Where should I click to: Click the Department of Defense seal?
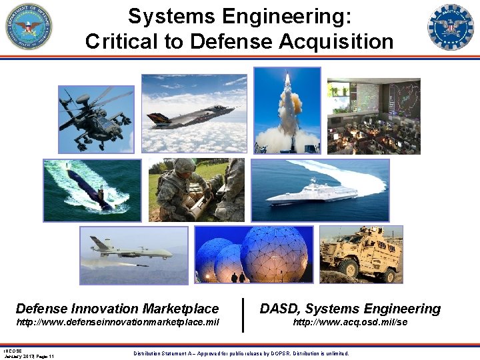[x=29, y=27]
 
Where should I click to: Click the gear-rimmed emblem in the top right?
[x=450, y=27]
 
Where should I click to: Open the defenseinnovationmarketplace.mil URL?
[x=117, y=323]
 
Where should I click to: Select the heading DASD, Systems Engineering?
[x=350, y=309]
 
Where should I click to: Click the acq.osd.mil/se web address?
[x=350, y=323]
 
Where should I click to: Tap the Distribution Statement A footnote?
[x=241, y=353]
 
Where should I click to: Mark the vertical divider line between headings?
[x=243, y=315]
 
